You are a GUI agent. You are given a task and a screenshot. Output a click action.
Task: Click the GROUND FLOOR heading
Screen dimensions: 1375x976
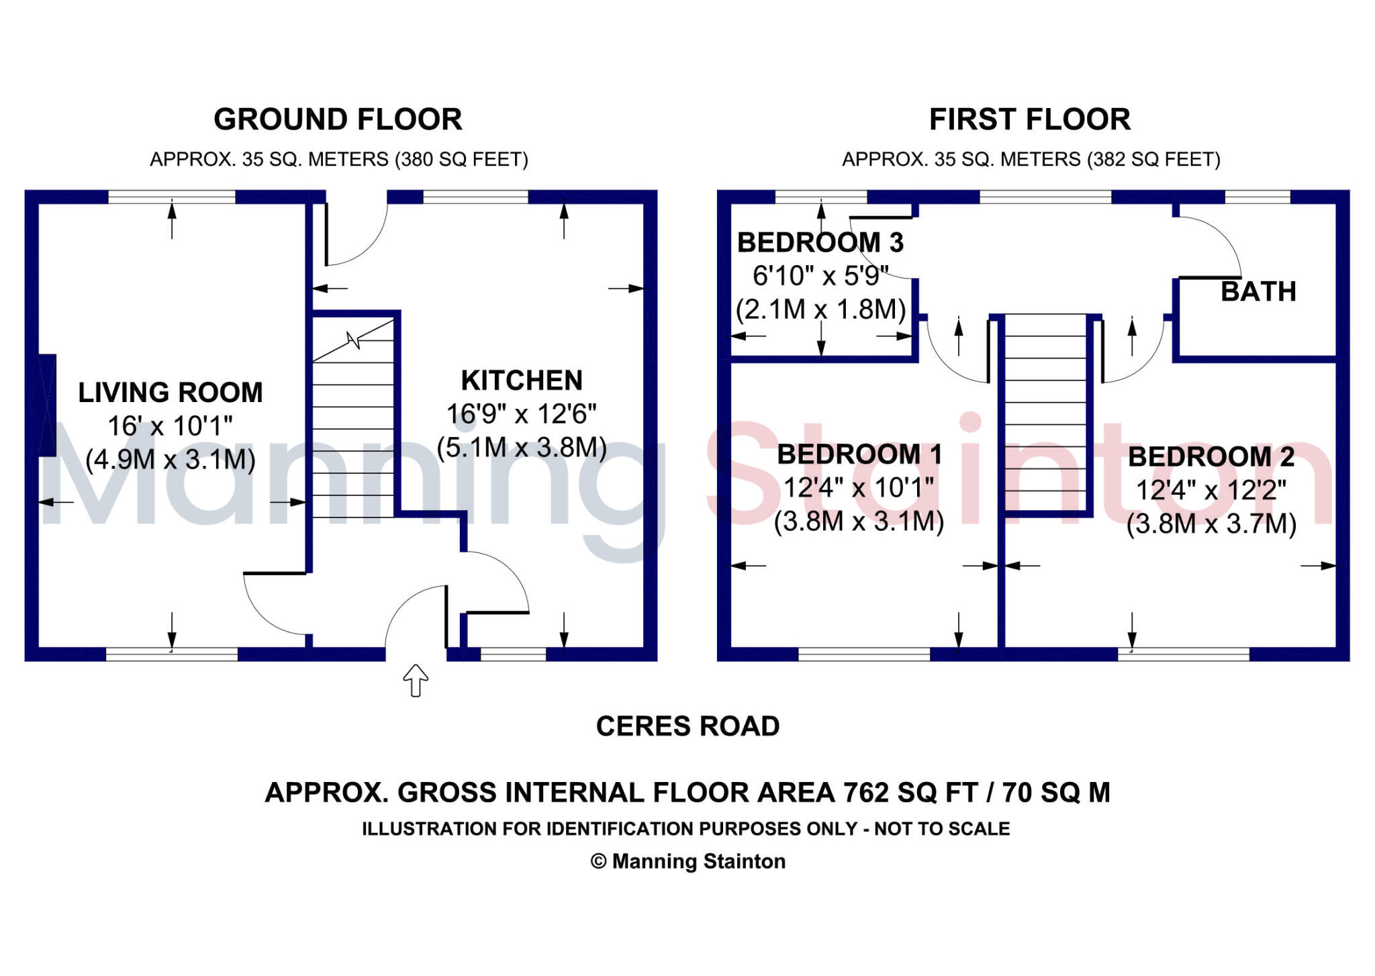coord(338,119)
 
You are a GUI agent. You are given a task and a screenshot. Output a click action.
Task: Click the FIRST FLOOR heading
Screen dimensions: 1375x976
coord(1030,119)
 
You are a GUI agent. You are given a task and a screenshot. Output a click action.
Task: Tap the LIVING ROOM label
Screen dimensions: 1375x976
coord(171,393)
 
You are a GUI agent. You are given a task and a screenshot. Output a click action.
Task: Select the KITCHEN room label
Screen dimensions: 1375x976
coord(522,381)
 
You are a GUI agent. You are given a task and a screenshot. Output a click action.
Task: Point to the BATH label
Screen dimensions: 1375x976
coord(1258,291)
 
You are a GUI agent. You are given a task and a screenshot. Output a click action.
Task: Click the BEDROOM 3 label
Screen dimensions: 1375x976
coord(820,242)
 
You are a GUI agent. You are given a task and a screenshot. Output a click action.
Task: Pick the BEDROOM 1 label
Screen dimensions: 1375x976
coord(859,454)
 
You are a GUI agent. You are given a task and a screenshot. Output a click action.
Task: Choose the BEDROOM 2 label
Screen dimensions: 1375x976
coord(1211,457)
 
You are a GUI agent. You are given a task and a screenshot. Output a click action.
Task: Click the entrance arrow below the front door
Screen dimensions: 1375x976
coord(416,681)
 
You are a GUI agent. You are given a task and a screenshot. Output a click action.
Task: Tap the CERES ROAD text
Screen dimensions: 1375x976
coord(688,726)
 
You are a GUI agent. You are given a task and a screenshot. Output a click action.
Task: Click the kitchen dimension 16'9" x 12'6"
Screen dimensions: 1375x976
coord(522,414)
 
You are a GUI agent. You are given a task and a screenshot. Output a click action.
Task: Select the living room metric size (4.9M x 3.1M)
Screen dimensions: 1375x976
coord(171,460)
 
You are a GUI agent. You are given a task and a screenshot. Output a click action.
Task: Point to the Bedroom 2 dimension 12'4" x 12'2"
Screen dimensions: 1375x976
coord(1211,491)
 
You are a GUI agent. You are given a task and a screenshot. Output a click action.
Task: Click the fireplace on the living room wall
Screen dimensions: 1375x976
coord(46,405)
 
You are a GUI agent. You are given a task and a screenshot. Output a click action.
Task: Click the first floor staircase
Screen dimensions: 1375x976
coord(1045,412)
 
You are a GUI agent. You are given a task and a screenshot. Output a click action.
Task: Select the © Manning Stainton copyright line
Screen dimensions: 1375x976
coord(688,861)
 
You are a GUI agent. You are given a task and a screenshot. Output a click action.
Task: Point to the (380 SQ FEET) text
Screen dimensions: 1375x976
coord(462,160)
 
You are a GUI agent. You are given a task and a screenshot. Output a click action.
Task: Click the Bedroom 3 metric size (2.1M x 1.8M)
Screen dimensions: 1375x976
coord(820,309)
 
